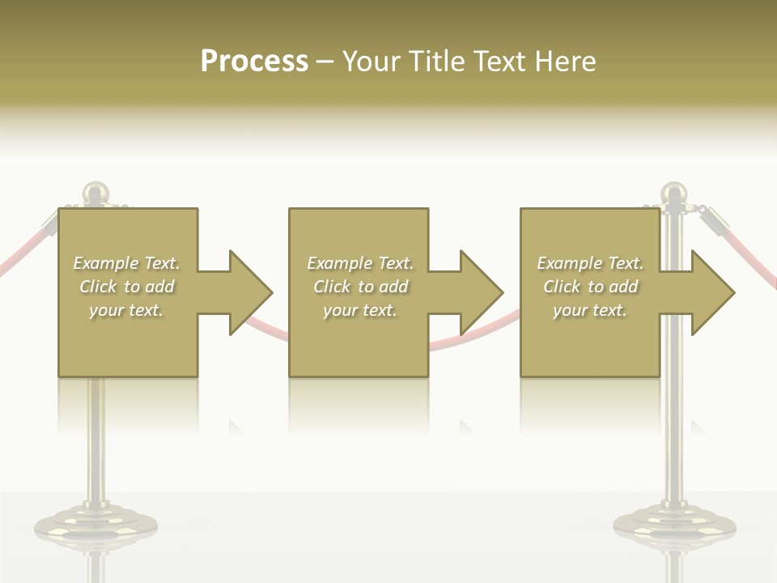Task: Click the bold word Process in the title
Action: [x=254, y=62]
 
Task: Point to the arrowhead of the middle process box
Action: [x=481, y=292]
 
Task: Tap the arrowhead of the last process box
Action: [x=712, y=292]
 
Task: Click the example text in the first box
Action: [x=127, y=287]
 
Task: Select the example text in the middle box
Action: [x=359, y=287]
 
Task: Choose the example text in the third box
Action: [x=590, y=287]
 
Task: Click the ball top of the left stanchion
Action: [x=96, y=192]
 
